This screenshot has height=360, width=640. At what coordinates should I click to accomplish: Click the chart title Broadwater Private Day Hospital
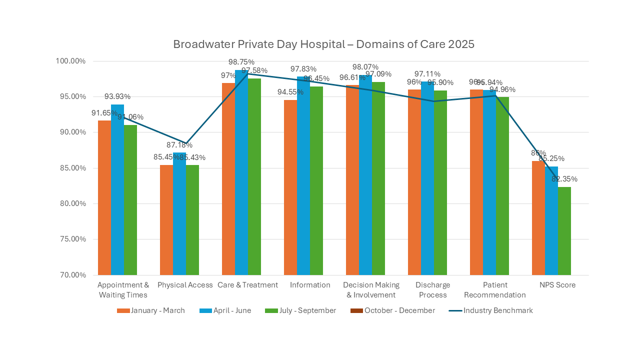[x=323, y=44]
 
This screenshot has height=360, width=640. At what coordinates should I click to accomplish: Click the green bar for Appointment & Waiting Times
[x=130, y=200]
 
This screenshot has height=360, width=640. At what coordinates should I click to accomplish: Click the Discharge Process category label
[x=433, y=290]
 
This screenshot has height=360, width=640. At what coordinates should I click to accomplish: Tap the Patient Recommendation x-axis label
[x=495, y=290]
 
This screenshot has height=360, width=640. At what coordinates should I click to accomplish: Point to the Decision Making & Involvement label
[x=371, y=290]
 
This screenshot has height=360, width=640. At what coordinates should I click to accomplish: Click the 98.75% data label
[x=241, y=62]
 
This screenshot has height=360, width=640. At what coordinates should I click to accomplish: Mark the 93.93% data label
[x=117, y=96]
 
